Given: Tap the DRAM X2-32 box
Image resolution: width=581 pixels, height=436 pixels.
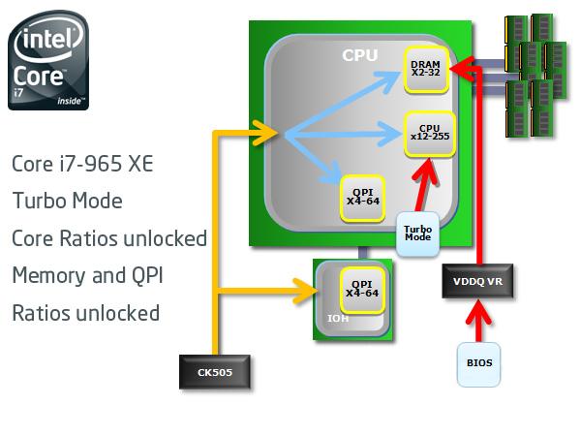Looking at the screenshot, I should (x=425, y=70).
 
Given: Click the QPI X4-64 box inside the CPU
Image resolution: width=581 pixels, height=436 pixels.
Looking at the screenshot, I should (x=360, y=198).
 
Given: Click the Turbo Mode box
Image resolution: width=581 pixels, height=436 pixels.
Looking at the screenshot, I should (x=417, y=235).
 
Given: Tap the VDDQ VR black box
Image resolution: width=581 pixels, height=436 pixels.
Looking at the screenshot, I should (x=476, y=281).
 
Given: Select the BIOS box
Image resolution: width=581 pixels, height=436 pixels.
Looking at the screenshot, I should (x=479, y=363).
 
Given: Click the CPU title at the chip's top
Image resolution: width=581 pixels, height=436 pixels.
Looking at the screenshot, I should (x=360, y=55).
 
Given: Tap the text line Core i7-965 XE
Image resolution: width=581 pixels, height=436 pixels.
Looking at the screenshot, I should (x=82, y=164).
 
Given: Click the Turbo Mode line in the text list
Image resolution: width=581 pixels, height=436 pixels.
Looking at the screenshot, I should (x=67, y=202).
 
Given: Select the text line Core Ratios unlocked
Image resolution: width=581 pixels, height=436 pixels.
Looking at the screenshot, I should (x=109, y=238).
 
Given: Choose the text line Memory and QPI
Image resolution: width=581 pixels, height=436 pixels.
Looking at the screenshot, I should (x=87, y=275).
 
